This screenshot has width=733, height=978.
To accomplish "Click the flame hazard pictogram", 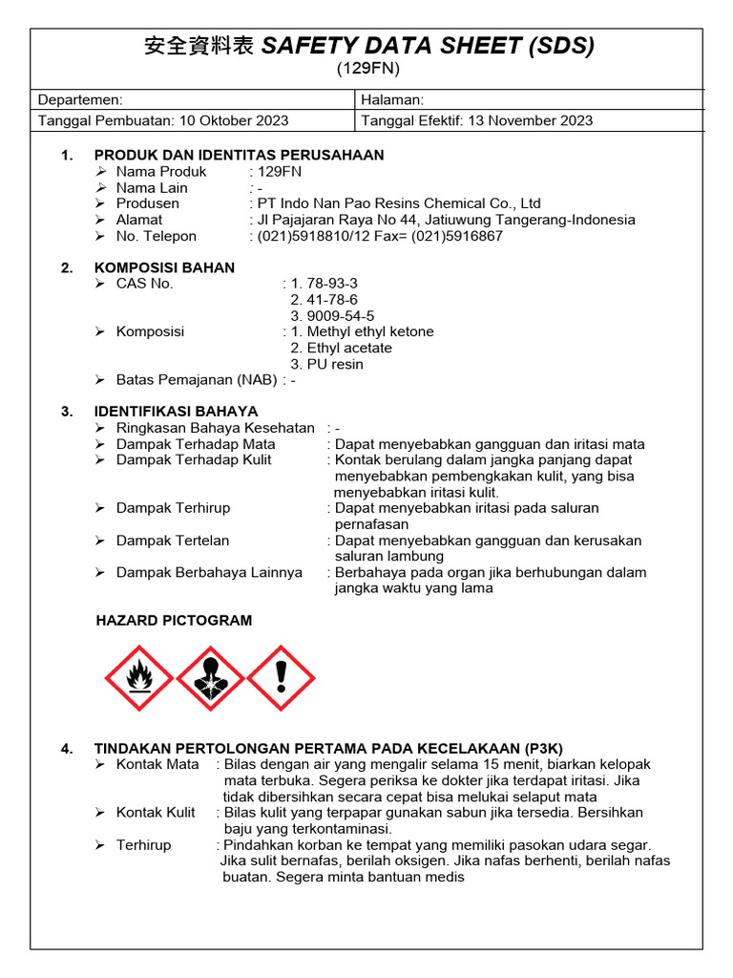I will click(x=139, y=678).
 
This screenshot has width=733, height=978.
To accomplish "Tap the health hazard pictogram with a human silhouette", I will click(x=210, y=678).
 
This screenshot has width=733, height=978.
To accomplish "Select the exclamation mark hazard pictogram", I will click(x=281, y=678).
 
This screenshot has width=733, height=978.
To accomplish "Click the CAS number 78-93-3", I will click(x=332, y=284).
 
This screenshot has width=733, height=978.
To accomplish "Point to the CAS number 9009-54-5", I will click(x=340, y=316).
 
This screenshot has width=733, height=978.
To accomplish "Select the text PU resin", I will click(x=335, y=364).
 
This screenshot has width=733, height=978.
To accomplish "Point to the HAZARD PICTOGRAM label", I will click(x=174, y=621).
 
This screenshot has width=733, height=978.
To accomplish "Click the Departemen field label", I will click(x=80, y=99).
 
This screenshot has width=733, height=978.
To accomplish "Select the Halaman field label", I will click(x=393, y=99).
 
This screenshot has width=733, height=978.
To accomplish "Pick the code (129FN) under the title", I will click(x=367, y=68).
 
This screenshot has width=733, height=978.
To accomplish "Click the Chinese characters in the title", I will click(x=199, y=45).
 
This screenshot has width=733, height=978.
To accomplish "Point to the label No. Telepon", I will click(x=157, y=236).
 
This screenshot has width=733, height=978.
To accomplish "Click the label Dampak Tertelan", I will click(x=173, y=541).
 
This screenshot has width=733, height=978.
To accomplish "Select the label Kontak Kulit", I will click(x=156, y=813).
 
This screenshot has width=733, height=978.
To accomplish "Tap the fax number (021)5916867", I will click(x=457, y=236).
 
